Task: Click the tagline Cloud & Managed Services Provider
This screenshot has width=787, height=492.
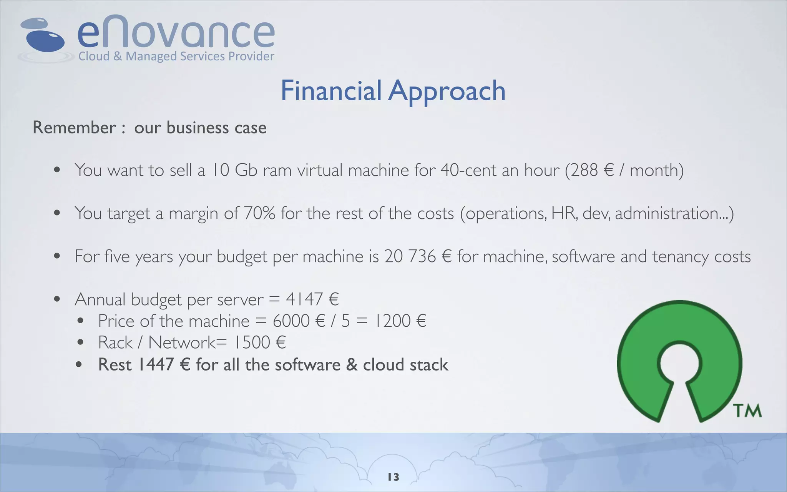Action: (176, 57)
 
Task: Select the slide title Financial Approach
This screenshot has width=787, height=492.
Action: (393, 91)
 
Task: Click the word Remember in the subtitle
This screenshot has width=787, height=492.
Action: (74, 128)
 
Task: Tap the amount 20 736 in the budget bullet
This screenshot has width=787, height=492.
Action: (410, 256)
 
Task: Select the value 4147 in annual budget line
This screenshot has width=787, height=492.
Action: (304, 299)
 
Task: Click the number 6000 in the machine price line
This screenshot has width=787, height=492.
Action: (291, 321)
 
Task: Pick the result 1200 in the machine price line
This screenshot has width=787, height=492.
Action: (392, 321)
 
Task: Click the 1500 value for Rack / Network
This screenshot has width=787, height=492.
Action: (252, 342)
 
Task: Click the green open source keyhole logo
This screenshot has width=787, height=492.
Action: (679, 361)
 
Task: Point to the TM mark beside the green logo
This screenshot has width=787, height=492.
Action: (747, 411)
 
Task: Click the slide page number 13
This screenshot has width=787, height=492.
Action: (393, 477)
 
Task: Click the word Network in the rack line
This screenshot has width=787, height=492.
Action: (182, 342)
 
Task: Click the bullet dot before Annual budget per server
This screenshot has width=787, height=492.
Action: (57, 299)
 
